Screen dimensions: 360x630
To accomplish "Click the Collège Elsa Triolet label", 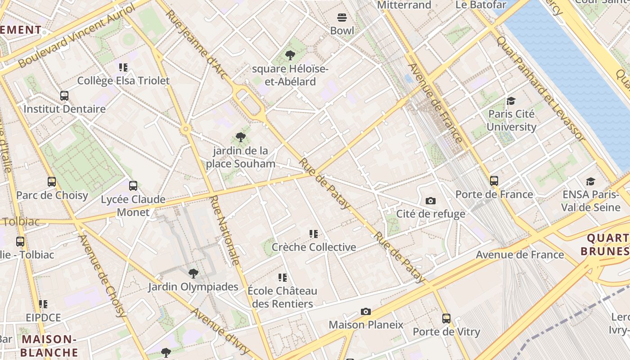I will click(123, 81).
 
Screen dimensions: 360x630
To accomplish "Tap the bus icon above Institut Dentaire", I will click(64, 95).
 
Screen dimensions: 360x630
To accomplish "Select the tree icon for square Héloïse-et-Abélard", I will click(290, 56).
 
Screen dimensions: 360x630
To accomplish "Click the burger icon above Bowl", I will click(342, 18).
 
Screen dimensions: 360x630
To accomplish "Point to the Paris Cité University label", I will click(512, 121).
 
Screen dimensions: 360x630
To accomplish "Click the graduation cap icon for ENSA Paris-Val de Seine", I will click(590, 181).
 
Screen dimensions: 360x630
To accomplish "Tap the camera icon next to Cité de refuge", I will click(431, 201).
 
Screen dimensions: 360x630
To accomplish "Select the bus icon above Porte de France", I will click(494, 181).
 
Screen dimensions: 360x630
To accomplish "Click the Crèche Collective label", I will click(314, 247).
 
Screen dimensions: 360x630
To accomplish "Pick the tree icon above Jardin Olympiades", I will click(193, 273).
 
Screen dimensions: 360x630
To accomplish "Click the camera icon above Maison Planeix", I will click(366, 311).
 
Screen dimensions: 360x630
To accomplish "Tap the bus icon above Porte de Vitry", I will click(446, 319).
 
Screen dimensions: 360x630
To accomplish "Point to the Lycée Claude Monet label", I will click(133, 206).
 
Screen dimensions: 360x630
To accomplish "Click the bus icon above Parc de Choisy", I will click(52, 182).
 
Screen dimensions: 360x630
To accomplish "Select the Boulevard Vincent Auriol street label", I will click(76, 36).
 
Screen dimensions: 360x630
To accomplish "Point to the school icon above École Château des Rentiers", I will click(283, 278).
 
